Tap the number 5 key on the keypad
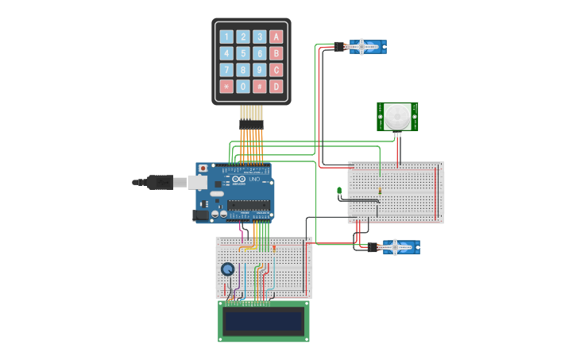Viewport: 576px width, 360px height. [x=243, y=53]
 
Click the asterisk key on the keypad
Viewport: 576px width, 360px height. [x=226, y=86]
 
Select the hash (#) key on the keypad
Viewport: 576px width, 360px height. [x=260, y=86]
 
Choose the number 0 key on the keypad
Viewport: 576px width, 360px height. [x=243, y=86]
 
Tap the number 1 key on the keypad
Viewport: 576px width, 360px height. [x=226, y=37]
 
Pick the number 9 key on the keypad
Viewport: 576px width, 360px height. [x=260, y=69]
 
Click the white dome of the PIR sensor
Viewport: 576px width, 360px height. [x=396, y=117]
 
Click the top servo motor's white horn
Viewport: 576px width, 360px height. [x=362, y=47]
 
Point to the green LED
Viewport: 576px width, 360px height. [x=339, y=191]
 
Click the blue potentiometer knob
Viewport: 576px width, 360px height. [x=228, y=269]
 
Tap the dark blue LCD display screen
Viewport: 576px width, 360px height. [x=264, y=321]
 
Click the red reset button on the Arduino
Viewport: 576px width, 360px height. [x=203, y=168]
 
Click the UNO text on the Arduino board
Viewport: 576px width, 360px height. [x=254, y=180]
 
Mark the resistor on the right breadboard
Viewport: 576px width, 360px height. [x=381, y=191]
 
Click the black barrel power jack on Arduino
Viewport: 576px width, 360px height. [x=202, y=215]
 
